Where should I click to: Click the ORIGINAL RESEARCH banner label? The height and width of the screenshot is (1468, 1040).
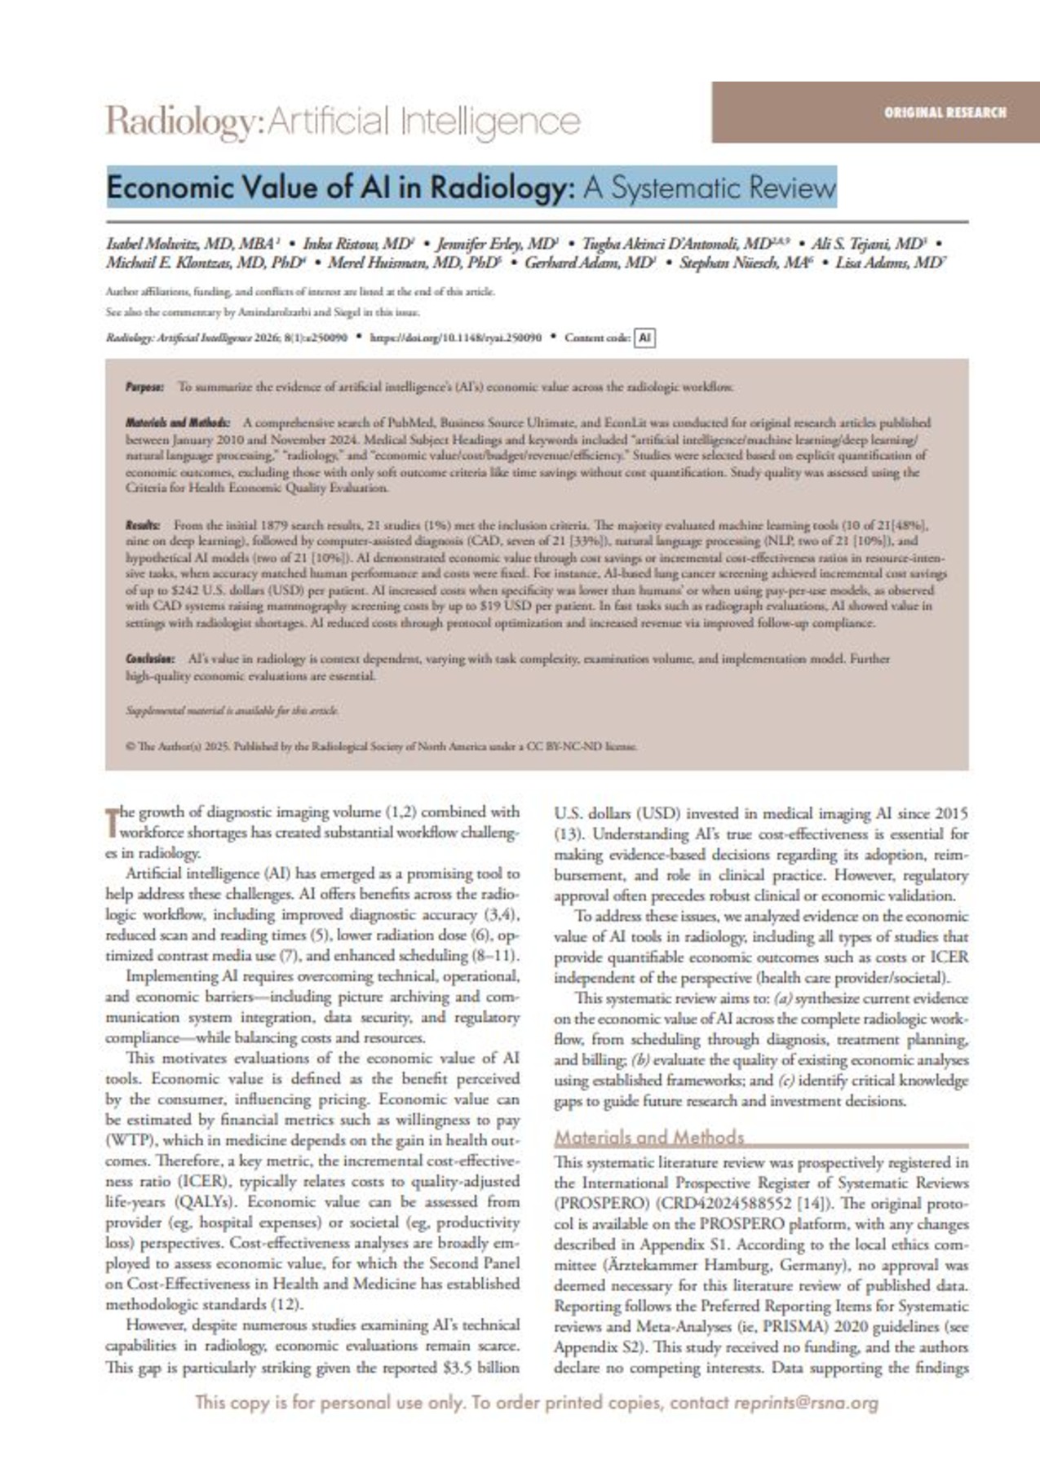945,113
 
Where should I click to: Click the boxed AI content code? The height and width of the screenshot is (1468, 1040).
644,338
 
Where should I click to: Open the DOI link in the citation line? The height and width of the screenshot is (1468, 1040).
456,338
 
